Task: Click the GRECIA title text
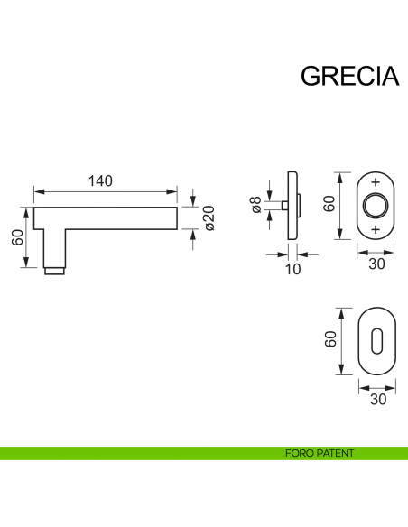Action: tap(349, 76)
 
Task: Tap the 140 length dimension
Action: tap(100, 180)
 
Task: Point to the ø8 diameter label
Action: tap(257, 206)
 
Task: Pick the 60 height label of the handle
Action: tap(16, 238)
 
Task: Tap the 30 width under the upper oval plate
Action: tap(376, 263)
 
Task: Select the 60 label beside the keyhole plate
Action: tap(330, 339)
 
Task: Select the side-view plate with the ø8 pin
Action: tap(291, 206)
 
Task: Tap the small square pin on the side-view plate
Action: tap(283, 207)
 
